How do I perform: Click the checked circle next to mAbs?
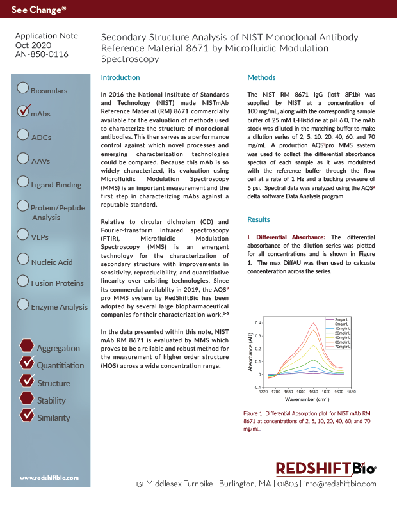[23, 111]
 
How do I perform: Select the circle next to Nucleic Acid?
[23, 259]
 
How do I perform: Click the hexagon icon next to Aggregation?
[26, 345]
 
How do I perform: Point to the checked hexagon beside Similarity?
[26, 415]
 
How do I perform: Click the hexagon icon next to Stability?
[26, 398]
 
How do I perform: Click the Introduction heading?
[120, 77]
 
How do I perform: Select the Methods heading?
[261, 77]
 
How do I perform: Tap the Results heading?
[259, 219]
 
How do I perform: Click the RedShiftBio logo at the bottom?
[325, 468]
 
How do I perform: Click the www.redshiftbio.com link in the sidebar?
[49, 478]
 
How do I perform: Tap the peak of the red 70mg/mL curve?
[313, 323]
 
